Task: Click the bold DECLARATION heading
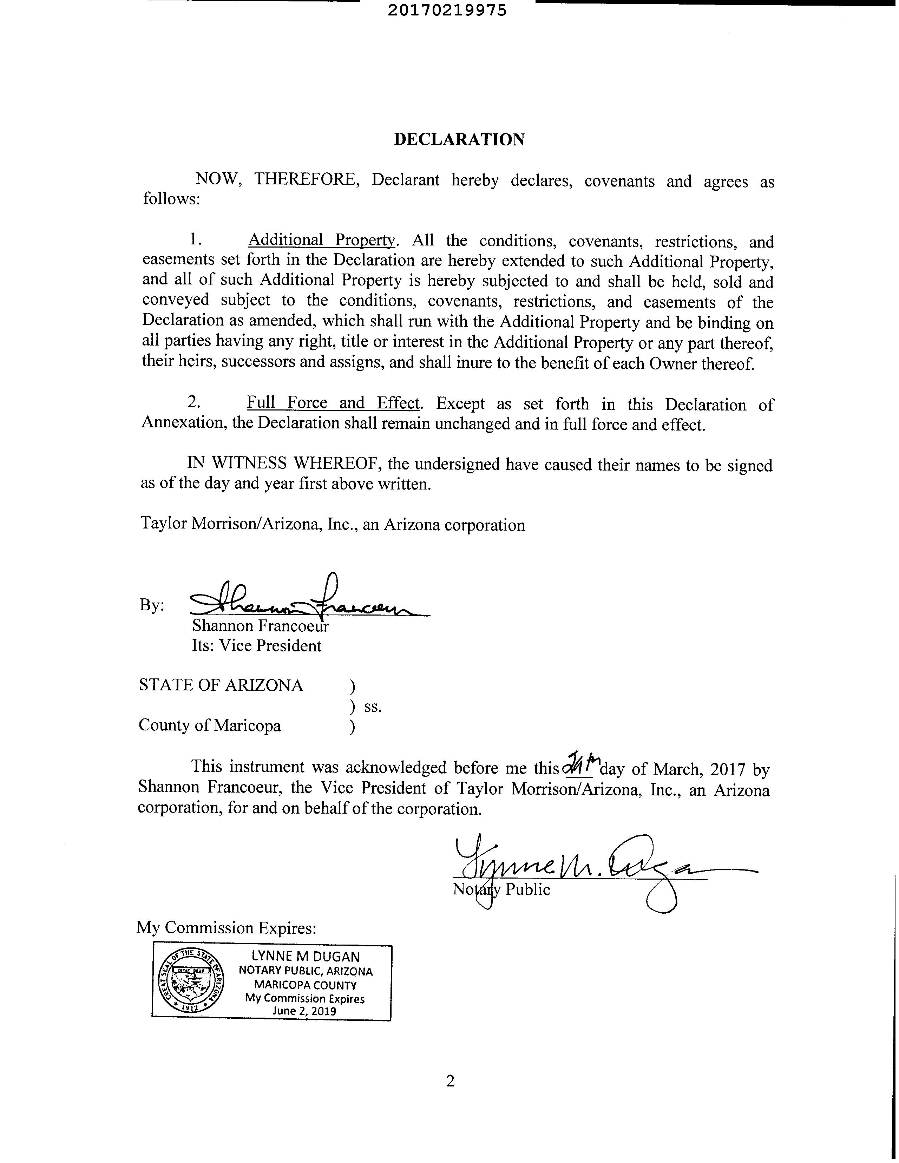459,139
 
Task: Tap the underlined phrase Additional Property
322,240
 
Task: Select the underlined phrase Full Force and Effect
333,403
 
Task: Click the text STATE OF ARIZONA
221,685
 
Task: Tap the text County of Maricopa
209,725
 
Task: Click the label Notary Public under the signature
501,889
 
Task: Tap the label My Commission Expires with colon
227,928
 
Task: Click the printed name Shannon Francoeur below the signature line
261,626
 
